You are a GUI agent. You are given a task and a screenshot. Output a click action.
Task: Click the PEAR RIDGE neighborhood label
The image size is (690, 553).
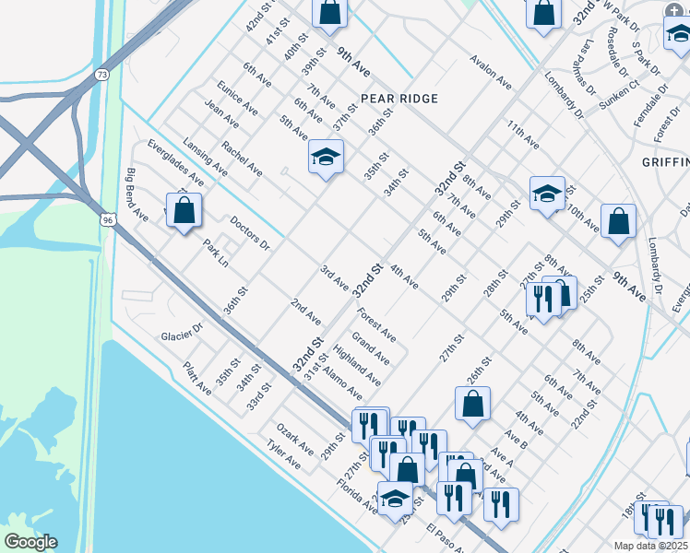(399, 98)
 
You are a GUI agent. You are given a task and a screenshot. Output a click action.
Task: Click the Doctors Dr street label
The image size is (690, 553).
(250, 234)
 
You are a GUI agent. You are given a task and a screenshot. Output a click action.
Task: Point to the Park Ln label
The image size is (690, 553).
(216, 253)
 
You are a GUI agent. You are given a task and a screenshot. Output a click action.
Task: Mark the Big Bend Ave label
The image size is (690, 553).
(137, 195)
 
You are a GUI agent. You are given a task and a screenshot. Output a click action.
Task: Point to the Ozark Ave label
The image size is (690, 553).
(294, 439)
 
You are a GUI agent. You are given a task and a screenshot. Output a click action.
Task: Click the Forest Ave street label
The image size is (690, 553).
(377, 324)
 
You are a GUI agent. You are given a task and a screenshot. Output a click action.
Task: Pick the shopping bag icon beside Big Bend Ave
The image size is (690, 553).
(184, 210)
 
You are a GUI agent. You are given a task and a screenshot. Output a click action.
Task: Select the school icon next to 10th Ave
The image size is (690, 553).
(547, 194)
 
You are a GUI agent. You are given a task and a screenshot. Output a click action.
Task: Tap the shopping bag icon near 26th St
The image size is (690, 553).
(472, 403)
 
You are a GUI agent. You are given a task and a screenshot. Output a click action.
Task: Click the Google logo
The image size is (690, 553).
(30, 542)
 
